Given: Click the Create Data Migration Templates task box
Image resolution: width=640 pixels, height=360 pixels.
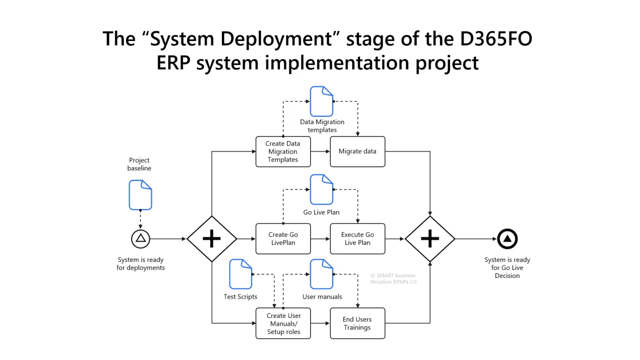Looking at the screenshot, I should click(x=283, y=151).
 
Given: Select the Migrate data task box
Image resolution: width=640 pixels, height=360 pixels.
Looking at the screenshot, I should click(x=357, y=151).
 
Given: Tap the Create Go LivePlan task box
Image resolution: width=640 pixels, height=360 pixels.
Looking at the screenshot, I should click(x=283, y=238).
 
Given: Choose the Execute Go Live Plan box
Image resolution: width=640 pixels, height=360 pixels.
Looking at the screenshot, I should click(x=357, y=238).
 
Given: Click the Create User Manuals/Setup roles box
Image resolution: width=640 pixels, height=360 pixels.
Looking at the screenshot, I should click(x=283, y=324).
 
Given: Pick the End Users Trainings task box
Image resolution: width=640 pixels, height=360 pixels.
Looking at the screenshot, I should click(x=357, y=324).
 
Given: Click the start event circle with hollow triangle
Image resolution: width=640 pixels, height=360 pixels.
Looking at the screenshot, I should click(x=141, y=238).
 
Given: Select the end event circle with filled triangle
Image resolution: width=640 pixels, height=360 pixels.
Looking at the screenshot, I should click(x=507, y=238).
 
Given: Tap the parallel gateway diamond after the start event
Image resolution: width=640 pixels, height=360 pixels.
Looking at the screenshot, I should click(x=212, y=238).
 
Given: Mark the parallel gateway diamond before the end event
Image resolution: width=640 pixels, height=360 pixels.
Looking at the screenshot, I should click(x=430, y=238).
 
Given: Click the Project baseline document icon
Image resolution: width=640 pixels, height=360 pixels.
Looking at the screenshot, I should click(x=140, y=195).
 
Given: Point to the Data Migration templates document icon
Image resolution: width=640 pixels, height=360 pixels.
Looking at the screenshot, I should click(x=322, y=101).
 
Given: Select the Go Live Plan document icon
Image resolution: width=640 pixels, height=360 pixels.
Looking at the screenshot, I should click(x=322, y=189).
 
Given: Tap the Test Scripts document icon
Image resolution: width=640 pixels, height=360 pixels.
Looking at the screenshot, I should click(x=241, y=274).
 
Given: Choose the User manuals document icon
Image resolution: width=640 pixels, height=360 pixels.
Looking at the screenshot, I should click(x=322, y=274).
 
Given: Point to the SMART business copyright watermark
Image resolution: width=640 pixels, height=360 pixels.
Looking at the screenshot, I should click(x=393, y=278).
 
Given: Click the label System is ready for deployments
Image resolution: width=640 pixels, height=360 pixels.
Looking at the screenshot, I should click(x=141, y=263).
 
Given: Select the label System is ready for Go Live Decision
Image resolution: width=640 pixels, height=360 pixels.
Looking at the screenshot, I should click(x=507, y=268).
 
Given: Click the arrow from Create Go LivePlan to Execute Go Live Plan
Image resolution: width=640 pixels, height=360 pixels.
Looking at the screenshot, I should click(x=320, y=238).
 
